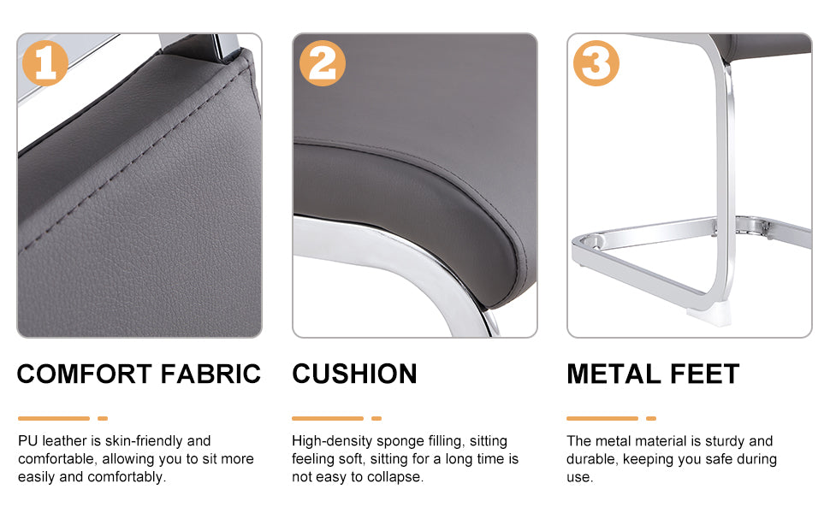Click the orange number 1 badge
(x=45, y=63)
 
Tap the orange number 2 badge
(x=323, y=63)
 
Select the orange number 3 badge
(x=596, y=63)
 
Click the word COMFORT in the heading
(x=86, y=374)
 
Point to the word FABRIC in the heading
(x=210, y=374)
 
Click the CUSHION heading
(x=354, y=374)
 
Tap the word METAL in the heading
(x=614, y=374)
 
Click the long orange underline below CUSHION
(x=328, y=418)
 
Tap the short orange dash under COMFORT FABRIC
(x=103, y=418)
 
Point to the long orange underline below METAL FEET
(x=602, y=418)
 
